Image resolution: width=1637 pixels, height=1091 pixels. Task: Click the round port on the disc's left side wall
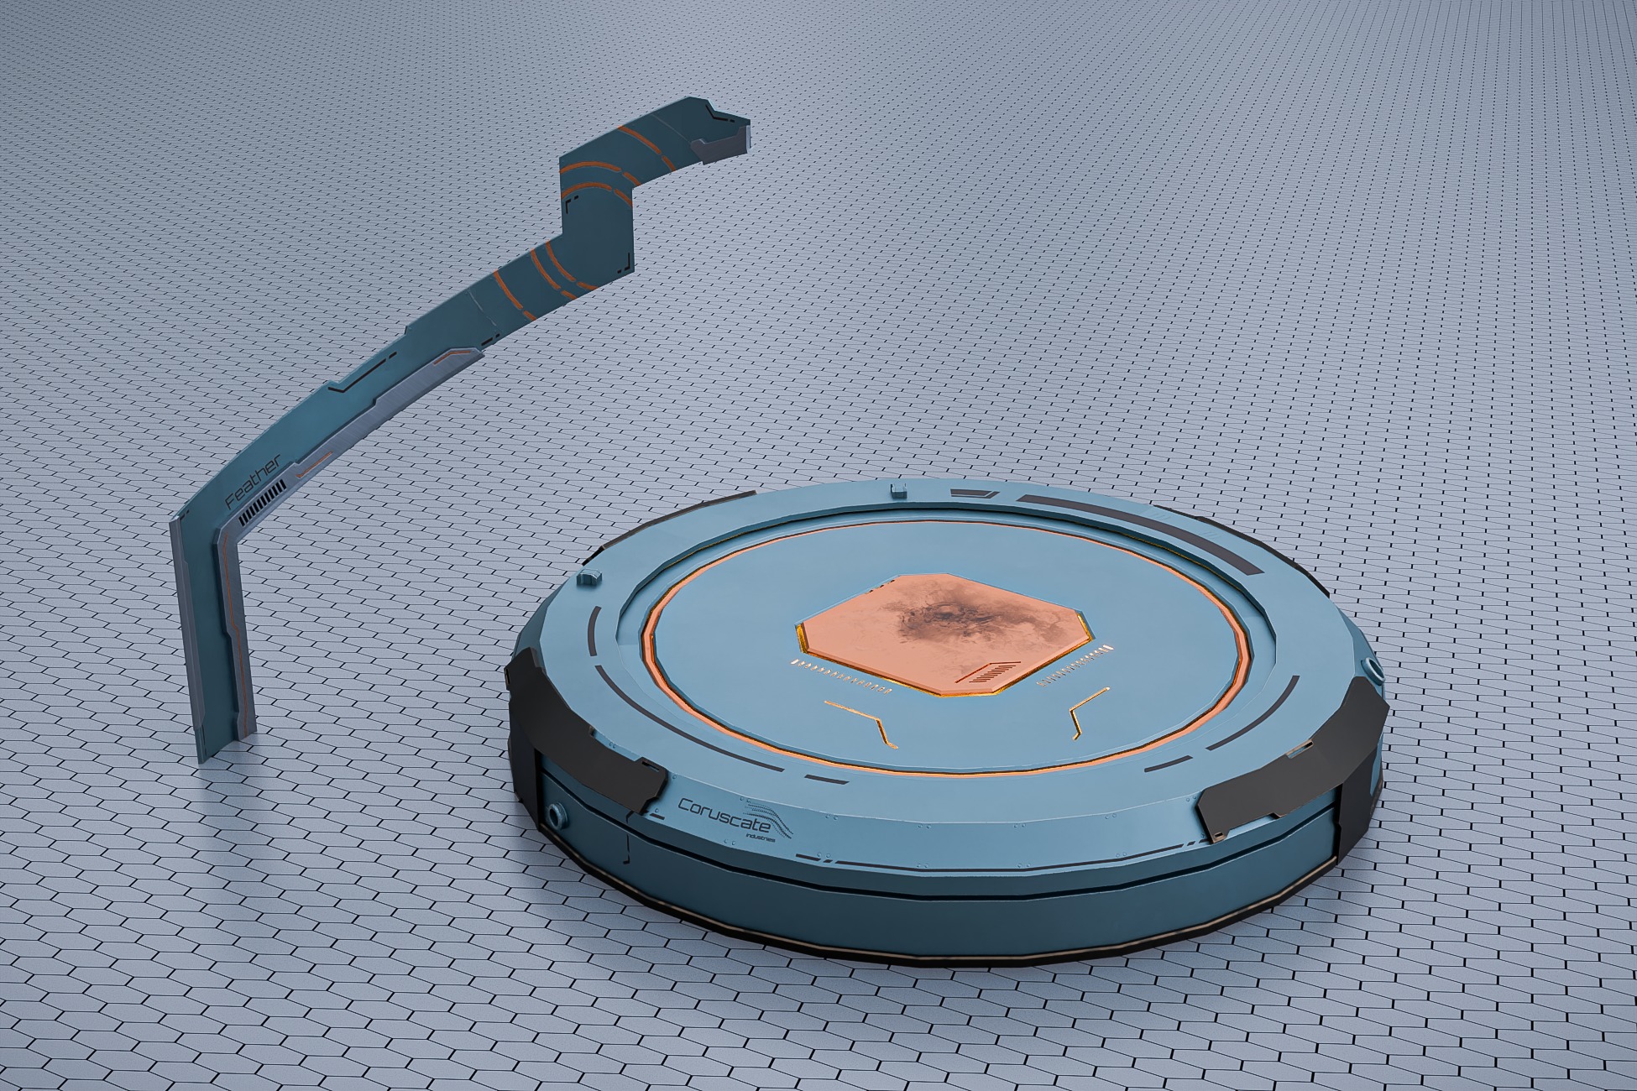point(557,815)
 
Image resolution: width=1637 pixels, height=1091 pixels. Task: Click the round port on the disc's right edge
point(1374,670)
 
